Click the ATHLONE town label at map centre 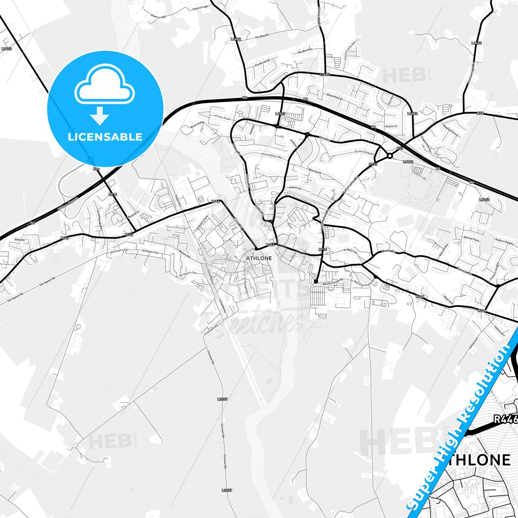(259, 258)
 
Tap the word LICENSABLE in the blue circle (105, 137)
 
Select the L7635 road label (6, 49)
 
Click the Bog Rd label (262, 37)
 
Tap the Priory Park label (223, 117)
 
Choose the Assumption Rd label (271, 156)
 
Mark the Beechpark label (315, 171)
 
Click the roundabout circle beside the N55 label (390, 156)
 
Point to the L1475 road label (476, 43)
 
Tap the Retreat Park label (471, 238)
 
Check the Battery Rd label (185, 254)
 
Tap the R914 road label (113, 194)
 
